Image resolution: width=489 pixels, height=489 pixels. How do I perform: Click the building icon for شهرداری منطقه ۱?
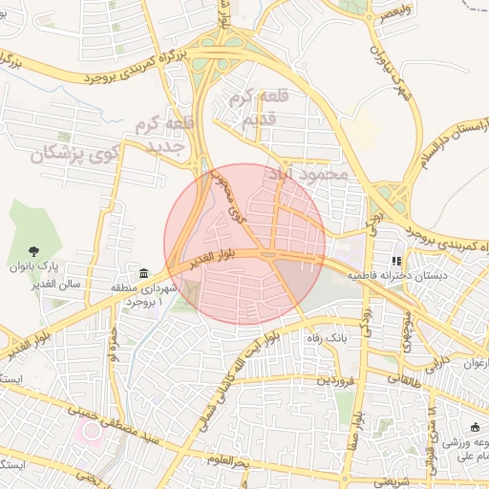(x=143, y=274)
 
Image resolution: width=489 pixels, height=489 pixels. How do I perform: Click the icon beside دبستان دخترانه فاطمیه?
(x=396, y=260)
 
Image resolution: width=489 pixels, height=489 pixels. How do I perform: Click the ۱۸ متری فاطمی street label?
(x=435, y=425)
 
